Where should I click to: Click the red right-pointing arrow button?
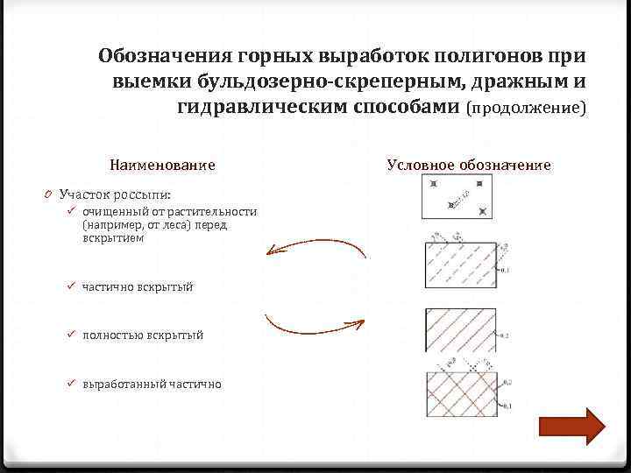(571, 427)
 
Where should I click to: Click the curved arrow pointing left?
(315, 249)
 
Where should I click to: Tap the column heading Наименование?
(162, 165)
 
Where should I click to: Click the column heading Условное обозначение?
(468, 165)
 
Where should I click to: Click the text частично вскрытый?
(137, 286)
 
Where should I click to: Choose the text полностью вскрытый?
(143, 335)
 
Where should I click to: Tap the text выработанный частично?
(152, 384)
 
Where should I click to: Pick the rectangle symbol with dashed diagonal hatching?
(460, 262)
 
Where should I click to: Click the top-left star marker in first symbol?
(433, 184)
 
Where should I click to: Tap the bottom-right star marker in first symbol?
(484, 210)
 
